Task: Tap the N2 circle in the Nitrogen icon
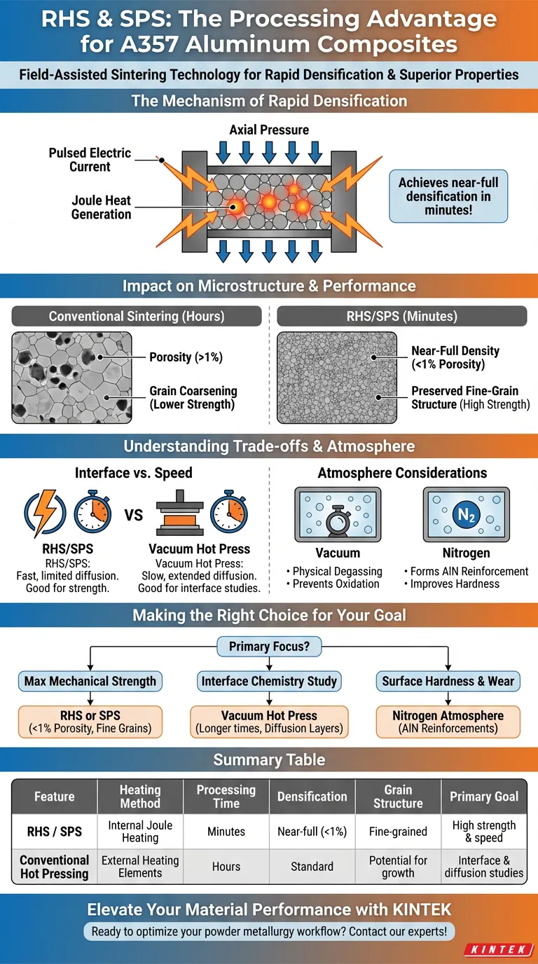(x=466, y=514)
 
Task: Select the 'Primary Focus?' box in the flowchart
(x=269, y=647)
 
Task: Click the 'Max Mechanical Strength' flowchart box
(x=90, y=681)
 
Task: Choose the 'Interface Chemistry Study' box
(x=269, y=681)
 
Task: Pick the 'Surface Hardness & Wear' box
(x=448, y=681)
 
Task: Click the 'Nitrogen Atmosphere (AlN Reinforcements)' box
(x=448, y=722)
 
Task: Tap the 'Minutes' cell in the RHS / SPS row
(x=226, y=832)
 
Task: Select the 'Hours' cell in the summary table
(x=226, y=867)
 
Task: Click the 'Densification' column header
(x=312, y=797)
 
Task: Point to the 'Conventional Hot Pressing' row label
(x=54, y=867)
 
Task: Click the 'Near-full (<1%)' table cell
(x=312, y=832)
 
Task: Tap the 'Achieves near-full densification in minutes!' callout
(x=448, y=196)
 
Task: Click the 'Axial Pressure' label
(x=269, y=130)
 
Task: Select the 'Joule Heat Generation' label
(x=101, y=207)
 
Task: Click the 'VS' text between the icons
(x=133, y=515)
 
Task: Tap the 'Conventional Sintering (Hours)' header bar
(x=137, y=316)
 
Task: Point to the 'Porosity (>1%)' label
(x=186, y=357)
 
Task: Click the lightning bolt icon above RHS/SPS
(x=46, y=513)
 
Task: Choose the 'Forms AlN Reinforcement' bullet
(x=466, y=571)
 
